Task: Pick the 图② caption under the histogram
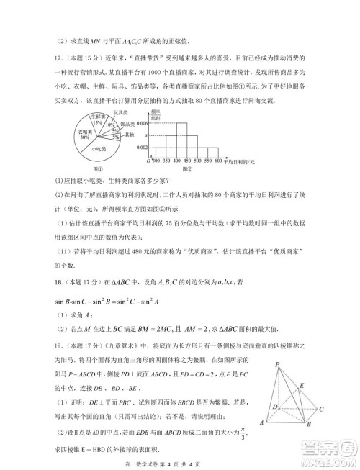point(187,169)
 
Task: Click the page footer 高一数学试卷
point(144,461)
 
